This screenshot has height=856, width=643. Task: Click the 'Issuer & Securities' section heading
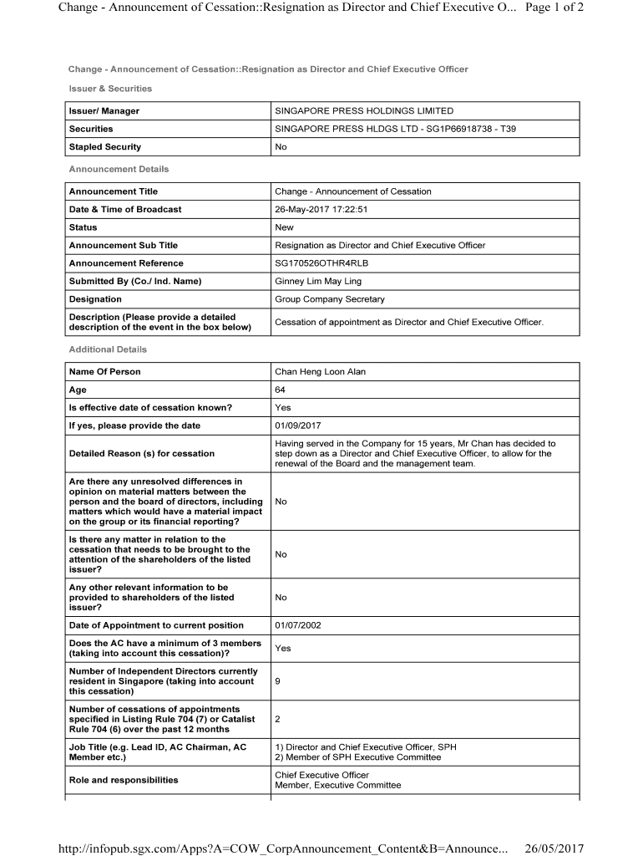coord(110,89)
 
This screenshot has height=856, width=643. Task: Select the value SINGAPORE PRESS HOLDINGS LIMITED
coord(364,111)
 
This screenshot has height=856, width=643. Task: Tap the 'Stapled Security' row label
coord(105,147)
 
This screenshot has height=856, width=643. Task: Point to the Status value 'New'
coord(285,227)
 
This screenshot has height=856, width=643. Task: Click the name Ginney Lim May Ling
coord(318,281)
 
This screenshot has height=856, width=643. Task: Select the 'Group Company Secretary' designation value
coord(330,299)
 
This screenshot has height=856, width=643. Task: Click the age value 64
coord(281,390)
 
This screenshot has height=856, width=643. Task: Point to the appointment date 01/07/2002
coord(298,625)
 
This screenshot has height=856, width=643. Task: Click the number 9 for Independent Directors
coord(278,681)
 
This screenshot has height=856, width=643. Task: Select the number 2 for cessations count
coord(278,719)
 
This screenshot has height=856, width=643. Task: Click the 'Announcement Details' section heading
coord(119,169)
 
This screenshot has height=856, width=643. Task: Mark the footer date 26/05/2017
coord(554,848)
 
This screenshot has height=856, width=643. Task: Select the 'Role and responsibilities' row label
coord(124,780)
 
